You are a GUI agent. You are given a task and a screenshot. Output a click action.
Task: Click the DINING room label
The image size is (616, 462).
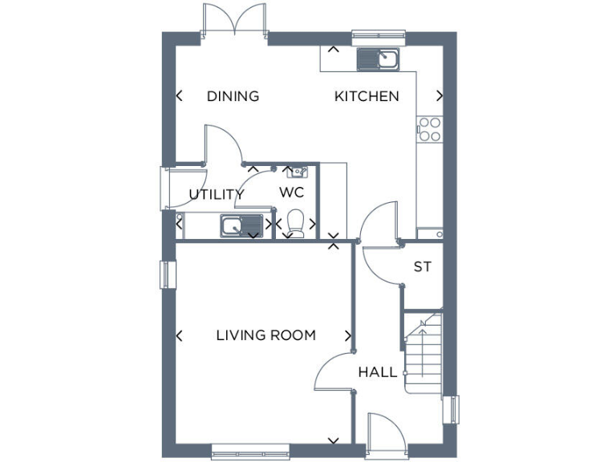(233, 96)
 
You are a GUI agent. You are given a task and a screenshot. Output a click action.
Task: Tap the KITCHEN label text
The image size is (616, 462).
(367, 96)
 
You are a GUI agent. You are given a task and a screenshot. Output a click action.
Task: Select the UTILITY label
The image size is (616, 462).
(216, 194)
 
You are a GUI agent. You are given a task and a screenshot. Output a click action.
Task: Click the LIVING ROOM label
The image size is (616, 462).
(265, 335)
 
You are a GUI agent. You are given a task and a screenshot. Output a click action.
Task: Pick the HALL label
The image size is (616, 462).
(377, 372)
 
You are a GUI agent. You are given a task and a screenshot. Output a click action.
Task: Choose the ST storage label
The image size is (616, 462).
(422, 267)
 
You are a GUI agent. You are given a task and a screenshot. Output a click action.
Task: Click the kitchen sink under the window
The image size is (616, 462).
(379, 59)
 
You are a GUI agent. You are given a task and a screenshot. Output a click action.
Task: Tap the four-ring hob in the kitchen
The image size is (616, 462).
(429, 129)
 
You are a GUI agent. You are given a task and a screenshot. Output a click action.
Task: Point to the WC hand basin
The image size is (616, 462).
(296, 171)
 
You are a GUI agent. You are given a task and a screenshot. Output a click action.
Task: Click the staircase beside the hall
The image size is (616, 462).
(423, 353)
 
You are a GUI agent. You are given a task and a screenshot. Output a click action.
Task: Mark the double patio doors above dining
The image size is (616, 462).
(233, 19)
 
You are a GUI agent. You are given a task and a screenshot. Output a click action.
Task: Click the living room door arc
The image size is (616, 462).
(332, 372)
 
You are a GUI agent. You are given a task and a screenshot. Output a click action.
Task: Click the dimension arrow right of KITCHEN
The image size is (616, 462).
(439, 96)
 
